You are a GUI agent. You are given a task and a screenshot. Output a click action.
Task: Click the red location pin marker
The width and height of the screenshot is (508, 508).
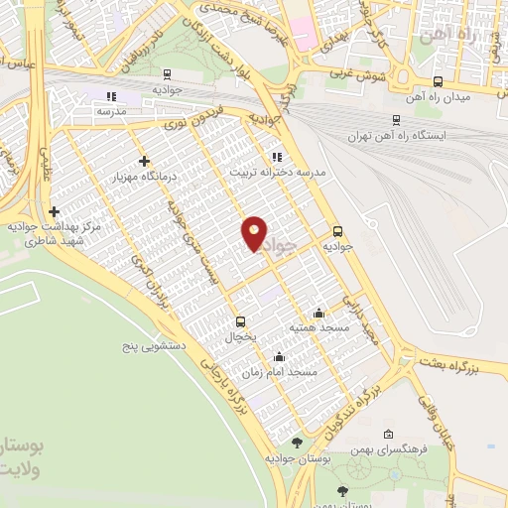(255, 232)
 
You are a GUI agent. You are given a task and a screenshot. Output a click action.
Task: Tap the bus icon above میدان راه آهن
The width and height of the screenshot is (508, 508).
(439, 82)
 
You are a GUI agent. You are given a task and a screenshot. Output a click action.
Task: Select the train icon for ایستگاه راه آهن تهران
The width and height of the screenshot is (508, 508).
(396, 119)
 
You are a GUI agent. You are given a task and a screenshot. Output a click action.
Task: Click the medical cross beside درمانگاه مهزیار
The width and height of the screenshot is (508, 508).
(145, 161)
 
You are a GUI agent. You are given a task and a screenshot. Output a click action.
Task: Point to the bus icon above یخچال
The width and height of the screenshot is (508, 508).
(240, 321)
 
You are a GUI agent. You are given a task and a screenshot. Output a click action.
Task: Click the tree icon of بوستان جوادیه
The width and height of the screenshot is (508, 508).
(297, 443)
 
